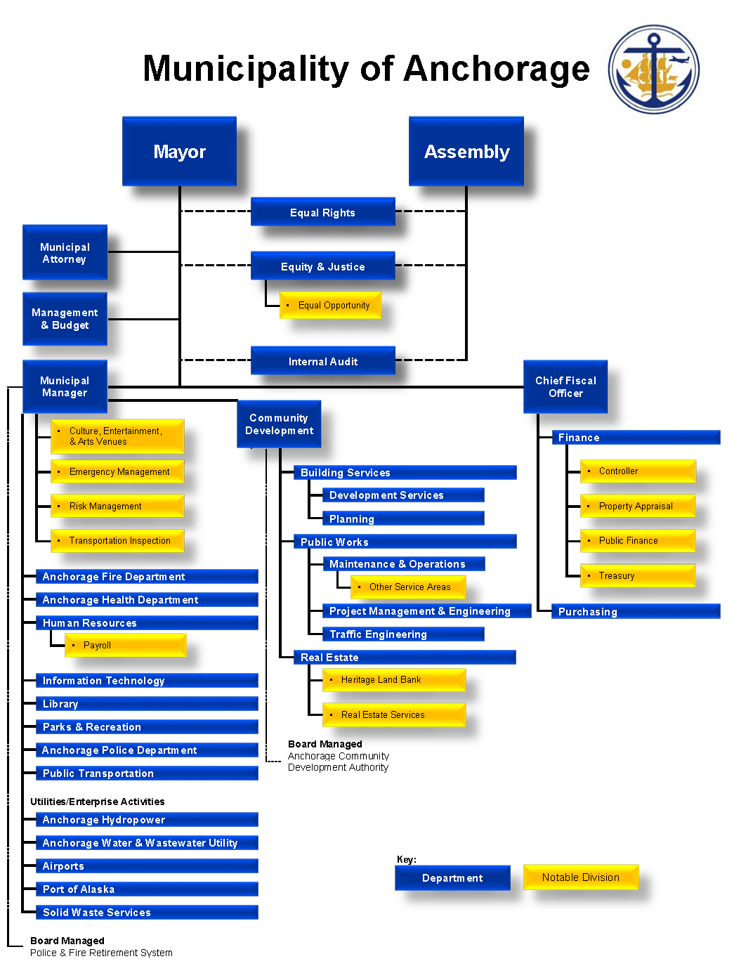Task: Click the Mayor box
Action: tap(179, 151)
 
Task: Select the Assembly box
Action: tap(466, 151)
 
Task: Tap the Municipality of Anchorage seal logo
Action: tap(653, 70)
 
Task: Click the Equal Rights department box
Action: tap(322, 212)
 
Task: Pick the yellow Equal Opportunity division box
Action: tap(330, 305)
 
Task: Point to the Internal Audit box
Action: tap(322, 361)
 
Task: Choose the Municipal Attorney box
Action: tap(65, 253)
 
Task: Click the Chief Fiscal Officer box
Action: tap(565, 386)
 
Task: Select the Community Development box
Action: tap(279, 424)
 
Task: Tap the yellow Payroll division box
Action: tap(125, 645)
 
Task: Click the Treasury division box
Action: tap(638, 575)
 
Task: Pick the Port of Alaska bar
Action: tap(147, 889)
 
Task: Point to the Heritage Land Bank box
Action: tap(394, 679)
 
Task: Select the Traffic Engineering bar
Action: tap(403, 634)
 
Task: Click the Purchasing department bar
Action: tap(636, 611)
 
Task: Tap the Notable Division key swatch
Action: tap(581, 877)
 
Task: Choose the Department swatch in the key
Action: tap(452, 878)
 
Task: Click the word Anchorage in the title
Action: tap(496, 69)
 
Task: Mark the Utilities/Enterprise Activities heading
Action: tap(98, 802)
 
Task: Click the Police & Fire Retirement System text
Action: tap(101, 953)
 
